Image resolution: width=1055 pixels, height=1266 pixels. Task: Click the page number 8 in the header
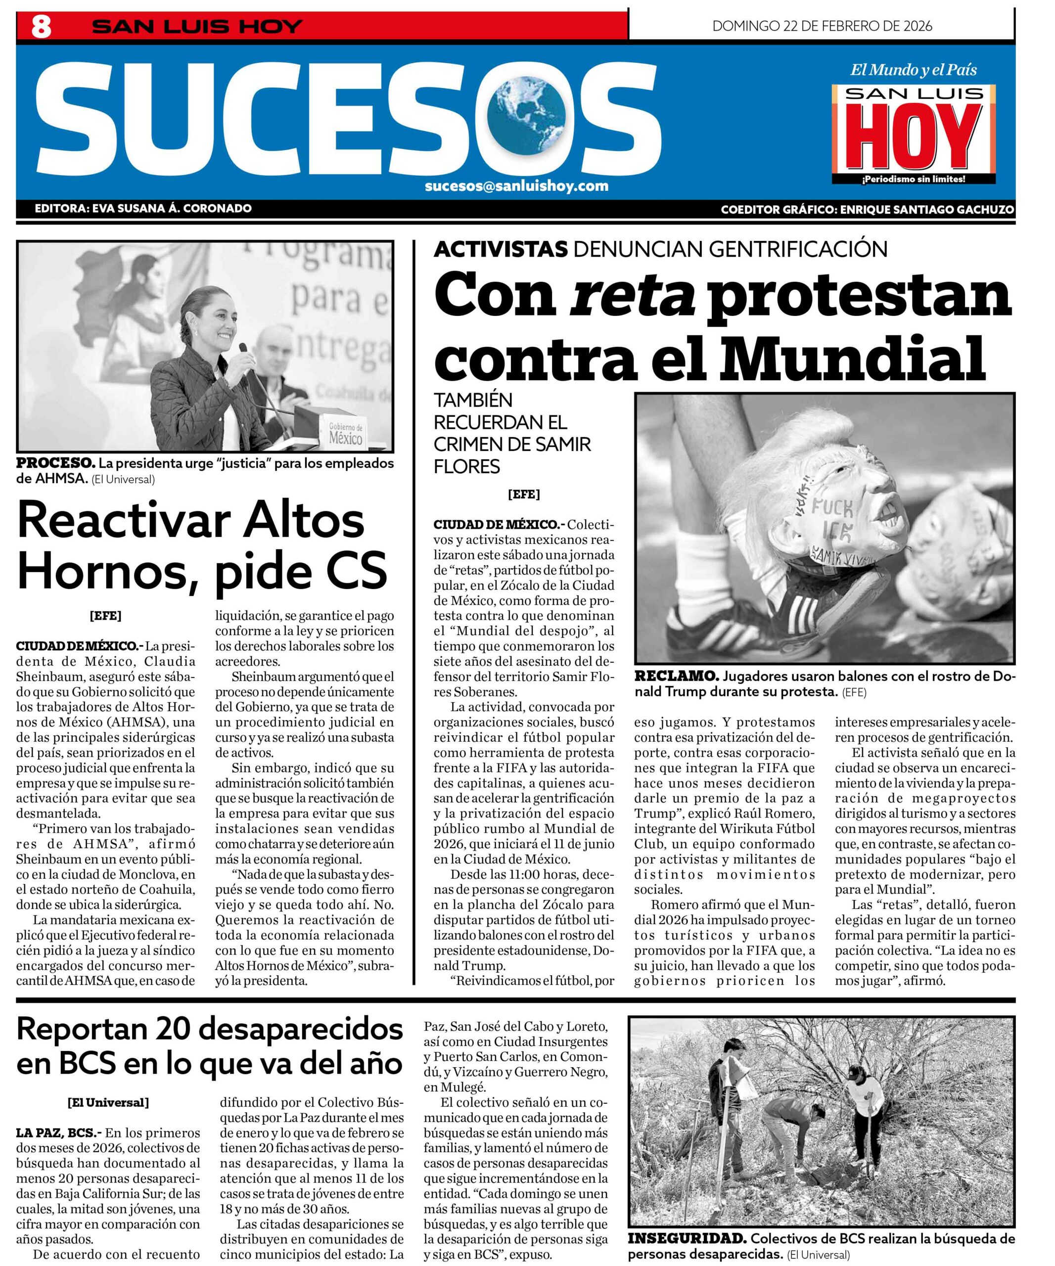coord(41,27)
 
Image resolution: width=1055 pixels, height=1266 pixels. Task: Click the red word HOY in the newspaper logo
coord(914,138)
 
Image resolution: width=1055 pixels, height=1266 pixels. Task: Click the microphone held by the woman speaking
coord(243,349)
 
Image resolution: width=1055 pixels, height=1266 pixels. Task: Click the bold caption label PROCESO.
coord(55,463)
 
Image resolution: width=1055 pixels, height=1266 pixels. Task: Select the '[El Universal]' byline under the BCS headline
coord(108,1103)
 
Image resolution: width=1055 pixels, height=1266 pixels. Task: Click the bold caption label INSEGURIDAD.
coord(687,1239)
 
